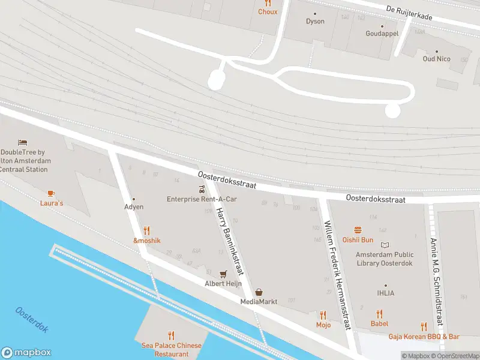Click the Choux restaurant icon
pyautogui.click(x=268, y=3)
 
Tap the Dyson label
pyautogui.click(x=315, y=22)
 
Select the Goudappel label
pyautogui.click(x=382, y=34)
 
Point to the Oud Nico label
pyautogui.click(x=436, y=59)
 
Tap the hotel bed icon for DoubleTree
pyautogui.click(x=23, y=142)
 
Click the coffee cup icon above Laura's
pyautogui.click(x=51, y=193)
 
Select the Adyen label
pyautogui.click(x=134, y=206)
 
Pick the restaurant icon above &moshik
pyautogui.click(x=147, y=230)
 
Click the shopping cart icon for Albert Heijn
pyautogui.click(x=223, y=274)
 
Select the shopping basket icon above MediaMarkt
pyautogui.click(x=259, y=292)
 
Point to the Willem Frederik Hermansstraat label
pyautogui.click(x=337, y=274)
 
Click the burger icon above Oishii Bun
pyautogui.click(x=358, y=230)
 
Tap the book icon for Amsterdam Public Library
pyautogui.click(x=385, y=245)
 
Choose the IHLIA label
pyautogui.click(x=385, y=293)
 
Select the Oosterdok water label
pyautogui.click(x=32, y=320)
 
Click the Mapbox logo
pyautogui.click(x=26, y=353)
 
